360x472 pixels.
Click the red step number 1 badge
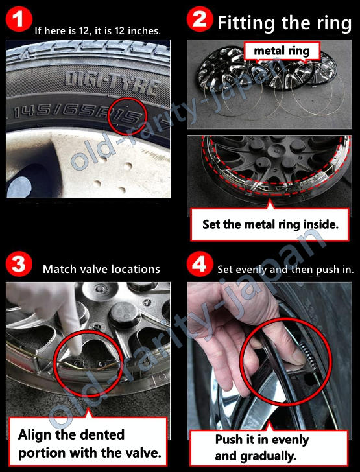(x=19, y=19)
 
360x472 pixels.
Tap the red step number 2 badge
(x=200, y=19)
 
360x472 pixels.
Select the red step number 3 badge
(x=19, y=264)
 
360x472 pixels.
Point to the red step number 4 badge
(x=200, y=264)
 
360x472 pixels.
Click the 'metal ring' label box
(x=282, y=51)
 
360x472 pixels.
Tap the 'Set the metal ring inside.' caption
(x=270, y=224)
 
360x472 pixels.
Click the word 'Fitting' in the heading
(x=246, y=23)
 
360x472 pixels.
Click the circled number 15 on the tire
(x=128, y=117)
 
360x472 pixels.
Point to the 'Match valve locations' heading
(x=101, y=269)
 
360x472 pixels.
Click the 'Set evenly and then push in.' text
(x=285, y=270)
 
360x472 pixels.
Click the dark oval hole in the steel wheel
(x=19, y=187)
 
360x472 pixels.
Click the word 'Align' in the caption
(x=33, y=435)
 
